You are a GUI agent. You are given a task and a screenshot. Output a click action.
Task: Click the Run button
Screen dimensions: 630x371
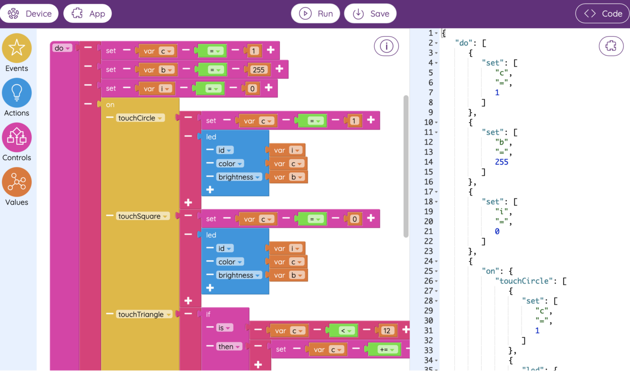click(315, 13)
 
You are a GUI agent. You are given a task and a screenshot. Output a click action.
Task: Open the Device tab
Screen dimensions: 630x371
click(29, 13)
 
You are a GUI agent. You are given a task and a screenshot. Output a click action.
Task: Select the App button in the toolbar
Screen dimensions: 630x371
click(87, 13)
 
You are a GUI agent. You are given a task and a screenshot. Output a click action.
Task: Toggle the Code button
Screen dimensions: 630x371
click(603, 13)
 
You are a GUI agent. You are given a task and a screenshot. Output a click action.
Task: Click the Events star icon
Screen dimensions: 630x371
click(17, 48)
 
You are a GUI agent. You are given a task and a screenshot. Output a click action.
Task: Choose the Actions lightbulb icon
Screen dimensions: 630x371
click(17, 92)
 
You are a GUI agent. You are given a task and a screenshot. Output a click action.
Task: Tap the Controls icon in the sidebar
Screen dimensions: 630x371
click(17, 137)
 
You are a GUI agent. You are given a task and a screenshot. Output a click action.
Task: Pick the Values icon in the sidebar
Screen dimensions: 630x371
click(17, 182)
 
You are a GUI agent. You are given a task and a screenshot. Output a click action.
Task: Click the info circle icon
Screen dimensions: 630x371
click(386, 46)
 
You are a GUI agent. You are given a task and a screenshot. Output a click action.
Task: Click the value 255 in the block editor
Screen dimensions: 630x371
click(259, 70)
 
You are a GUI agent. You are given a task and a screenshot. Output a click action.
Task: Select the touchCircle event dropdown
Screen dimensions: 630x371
click(140, 118)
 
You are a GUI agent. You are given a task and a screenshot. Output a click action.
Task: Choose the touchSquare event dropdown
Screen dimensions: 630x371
click(143, 216)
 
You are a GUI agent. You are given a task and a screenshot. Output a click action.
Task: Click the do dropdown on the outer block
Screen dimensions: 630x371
click(62, 48)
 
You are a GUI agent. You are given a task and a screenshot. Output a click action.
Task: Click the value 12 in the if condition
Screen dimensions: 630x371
click(387, 331)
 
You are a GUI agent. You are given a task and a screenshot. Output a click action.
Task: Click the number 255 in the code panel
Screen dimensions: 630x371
click(501, 162)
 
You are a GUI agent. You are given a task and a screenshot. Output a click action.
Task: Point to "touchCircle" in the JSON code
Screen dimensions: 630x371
click(525, 281)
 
